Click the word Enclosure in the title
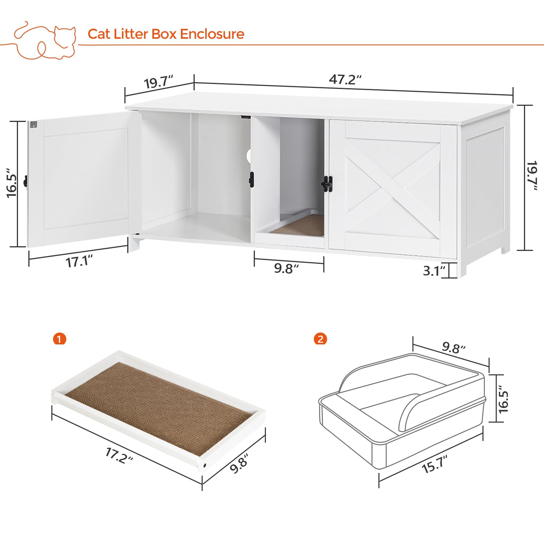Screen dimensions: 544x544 tap(212, 34)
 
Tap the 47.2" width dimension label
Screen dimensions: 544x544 tap(345, 80)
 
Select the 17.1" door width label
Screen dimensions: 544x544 tap(79, 262)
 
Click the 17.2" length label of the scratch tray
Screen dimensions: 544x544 tap(119, 456)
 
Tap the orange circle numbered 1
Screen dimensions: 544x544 tap(60, 339)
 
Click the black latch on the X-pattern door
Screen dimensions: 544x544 tap(327, 184)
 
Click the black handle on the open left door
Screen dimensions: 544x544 tap(26, 181)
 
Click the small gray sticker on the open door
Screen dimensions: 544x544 tap(33, 125)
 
